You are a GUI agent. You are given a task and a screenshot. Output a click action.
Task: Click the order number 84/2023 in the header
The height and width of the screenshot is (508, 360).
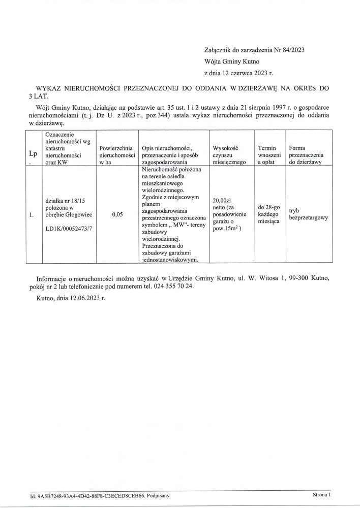point(293,50)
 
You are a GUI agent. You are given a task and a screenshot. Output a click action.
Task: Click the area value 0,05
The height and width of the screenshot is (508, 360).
point(117,215)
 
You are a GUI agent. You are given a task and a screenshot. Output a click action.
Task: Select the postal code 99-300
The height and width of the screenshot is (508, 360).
point(299,278)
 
